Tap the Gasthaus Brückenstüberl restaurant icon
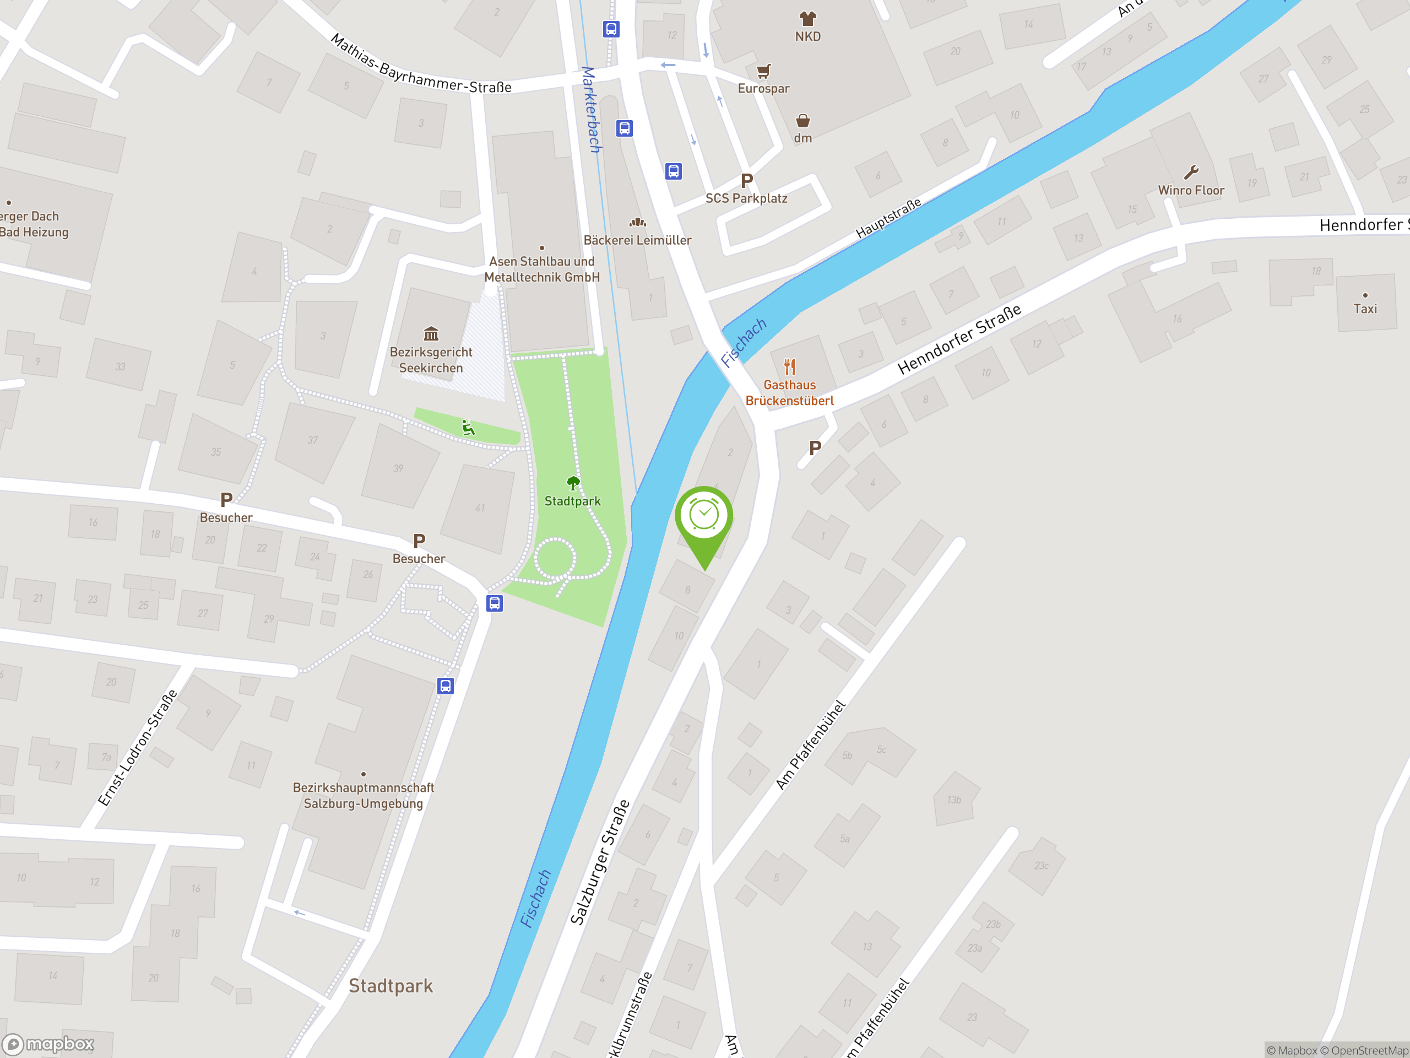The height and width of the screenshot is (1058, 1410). [790, 366]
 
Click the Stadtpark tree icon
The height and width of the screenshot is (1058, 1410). [573, 483]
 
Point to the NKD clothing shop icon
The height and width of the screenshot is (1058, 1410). [807, 18]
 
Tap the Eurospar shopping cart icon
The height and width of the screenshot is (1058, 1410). [763, 70]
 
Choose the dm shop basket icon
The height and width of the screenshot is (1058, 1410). [802, 121]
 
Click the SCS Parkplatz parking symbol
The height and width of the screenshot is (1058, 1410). [747, 181]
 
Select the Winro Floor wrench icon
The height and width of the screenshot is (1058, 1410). [1191, 172]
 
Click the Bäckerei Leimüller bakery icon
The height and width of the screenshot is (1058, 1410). [637, 223]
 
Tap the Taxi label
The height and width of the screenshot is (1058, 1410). [1365, 309]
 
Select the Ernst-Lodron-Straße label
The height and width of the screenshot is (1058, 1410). [137, 747]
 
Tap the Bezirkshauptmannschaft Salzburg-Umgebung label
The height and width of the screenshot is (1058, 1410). [364, 795]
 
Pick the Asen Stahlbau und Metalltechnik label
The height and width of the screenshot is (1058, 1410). [542, 269]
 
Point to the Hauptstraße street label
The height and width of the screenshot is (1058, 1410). [888, 218]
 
